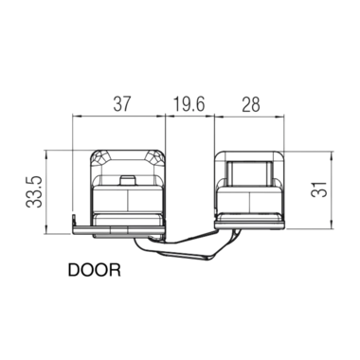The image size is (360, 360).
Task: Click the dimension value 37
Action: coord(121,104)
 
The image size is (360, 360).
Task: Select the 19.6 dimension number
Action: coord(189,104)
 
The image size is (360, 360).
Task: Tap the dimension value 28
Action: coord(251,104)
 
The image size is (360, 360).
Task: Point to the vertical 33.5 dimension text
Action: coord(34,191)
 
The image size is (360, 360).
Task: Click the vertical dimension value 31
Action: coord(318,189)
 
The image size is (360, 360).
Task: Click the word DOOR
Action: coord(95,270)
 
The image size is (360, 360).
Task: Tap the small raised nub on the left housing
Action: coord(128,180)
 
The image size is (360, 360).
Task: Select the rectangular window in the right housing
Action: coord(249,173)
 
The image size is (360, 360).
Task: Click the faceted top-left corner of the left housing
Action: coord(99,157)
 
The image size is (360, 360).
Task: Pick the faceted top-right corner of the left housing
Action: coord(156,157)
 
